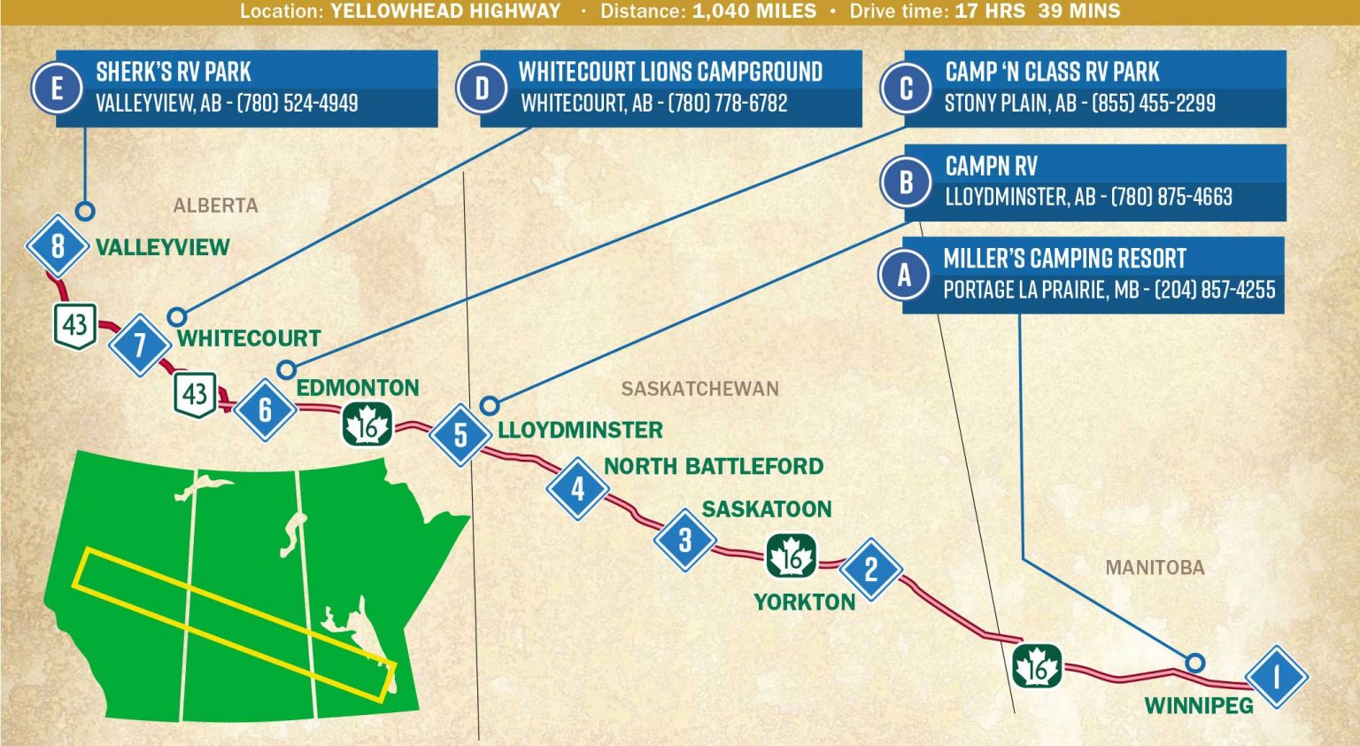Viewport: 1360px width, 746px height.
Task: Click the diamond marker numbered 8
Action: (x=58, y=245)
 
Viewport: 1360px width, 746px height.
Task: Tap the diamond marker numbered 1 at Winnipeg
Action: (x=1276, y=677)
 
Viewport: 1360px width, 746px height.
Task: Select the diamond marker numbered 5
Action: (x=460, y=435)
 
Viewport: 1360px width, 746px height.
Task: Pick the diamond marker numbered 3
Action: (x=684, y=540)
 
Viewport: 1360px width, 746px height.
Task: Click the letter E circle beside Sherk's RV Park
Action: (x=58, y=89)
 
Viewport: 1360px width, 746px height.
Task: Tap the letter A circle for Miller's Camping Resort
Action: (x=904, y=275)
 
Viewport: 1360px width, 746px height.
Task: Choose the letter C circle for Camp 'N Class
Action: (x=906, y=89)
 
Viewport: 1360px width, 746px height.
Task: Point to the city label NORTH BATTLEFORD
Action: (x=713, y=466)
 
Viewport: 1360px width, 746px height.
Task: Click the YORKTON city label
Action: (x=804, y=602)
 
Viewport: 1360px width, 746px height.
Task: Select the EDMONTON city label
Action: (x=357, y=388)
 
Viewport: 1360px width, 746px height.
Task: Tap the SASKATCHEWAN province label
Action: (x=699, y=389)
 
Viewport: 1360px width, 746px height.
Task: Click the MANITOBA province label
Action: (x=1155, y=568)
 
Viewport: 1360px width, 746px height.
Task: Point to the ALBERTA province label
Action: (x=215, y=206)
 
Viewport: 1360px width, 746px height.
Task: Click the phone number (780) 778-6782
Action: (x=727, y=104)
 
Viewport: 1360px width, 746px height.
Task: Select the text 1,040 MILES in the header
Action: (x=754, y=12)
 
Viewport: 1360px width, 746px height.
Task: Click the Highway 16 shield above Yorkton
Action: (x=791, y=556)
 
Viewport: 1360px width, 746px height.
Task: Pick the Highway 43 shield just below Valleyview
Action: (x=74, y=325)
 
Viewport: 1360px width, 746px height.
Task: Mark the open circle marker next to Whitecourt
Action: (x=177, y=316)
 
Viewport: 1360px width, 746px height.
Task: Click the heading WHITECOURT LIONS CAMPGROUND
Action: (x=670, y=72)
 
